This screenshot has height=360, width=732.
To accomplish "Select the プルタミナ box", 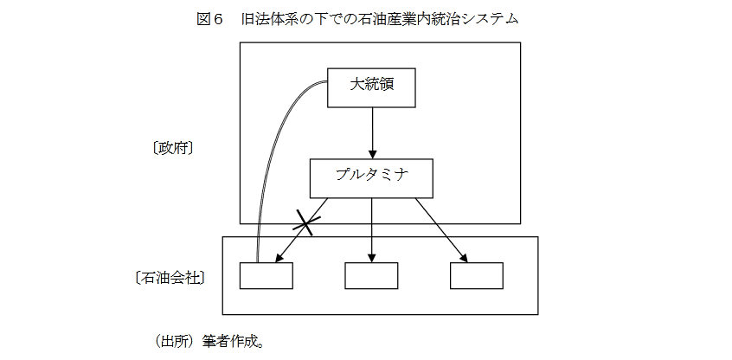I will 372,178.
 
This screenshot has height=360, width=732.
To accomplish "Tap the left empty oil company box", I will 266,275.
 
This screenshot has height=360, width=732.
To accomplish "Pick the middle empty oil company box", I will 371,275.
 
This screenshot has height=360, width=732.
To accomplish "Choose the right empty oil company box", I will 477,275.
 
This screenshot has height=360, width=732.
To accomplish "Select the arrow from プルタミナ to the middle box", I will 372,229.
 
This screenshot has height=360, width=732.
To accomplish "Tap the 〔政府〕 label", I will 172,148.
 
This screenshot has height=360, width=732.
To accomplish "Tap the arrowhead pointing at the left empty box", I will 280,257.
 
